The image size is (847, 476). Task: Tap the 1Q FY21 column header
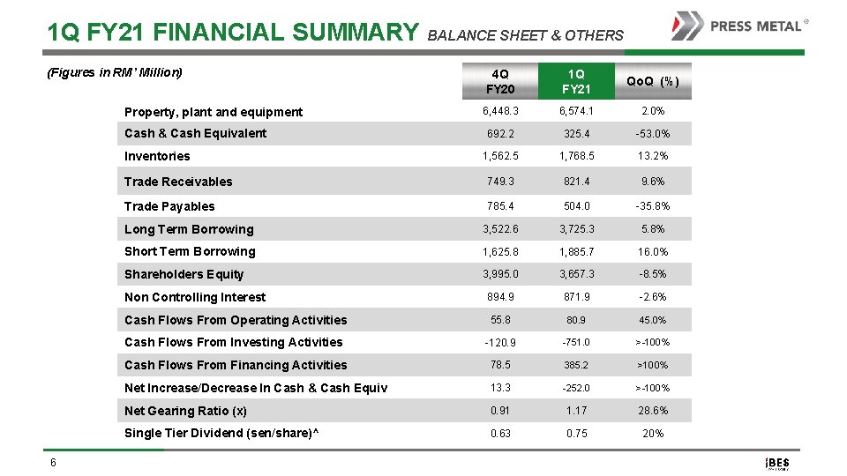pos(576,81)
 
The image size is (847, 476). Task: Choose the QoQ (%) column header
pos(653,81)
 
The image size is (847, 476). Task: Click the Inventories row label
pos(157,156)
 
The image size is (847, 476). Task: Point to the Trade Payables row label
pos(169,206)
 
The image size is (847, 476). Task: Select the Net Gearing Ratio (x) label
pos(185,411)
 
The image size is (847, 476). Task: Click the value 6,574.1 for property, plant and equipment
pos(576,111)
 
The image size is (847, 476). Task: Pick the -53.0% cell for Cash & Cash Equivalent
pos(653,134)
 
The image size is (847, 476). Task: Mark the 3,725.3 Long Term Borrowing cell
pos(576,229)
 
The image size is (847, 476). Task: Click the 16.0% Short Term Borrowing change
pos(653,252)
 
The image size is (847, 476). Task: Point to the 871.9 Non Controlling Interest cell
pos(576,297)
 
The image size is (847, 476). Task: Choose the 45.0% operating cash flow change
pos(653,320)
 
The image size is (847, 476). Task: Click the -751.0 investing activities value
pos(576,342)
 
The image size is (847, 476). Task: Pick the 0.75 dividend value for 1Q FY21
pos(576,433)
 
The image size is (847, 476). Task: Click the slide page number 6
pos(54,464)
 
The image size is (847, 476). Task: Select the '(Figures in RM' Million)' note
pos(114,72)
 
